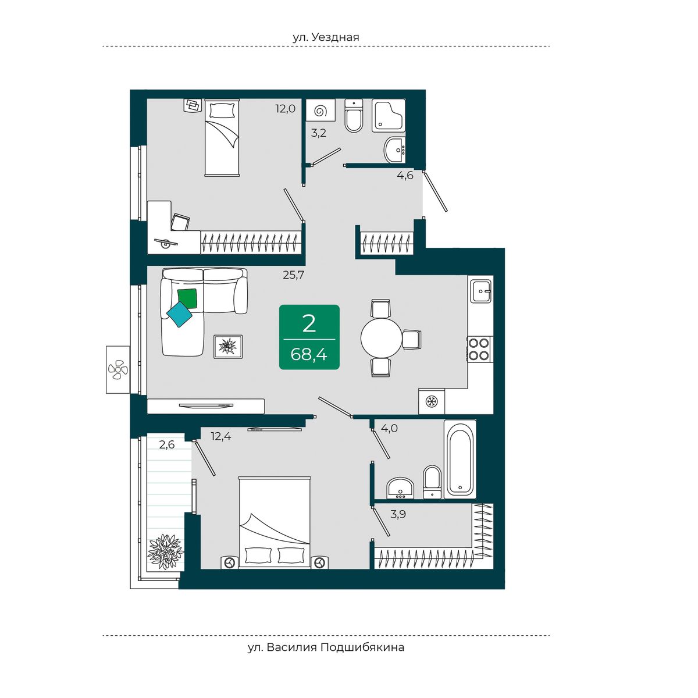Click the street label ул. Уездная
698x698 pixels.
tap(326, 37)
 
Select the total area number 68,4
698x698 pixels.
tap(309, 355)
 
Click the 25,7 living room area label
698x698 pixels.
tap(293, 275)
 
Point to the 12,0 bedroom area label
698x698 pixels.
tap(286, 108)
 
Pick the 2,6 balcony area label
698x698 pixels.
tap(167, 444)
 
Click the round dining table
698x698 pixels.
tap(381, 338)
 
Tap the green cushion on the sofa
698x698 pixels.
tap(187, 298)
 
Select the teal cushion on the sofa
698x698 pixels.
tap(179, 314)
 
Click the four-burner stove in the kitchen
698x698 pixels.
tap(479, 348)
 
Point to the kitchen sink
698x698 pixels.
tap(480, 291)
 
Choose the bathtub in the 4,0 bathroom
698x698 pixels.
tap(460, 459)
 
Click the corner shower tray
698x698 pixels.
tap(389, 115)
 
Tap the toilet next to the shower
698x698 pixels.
tap(353, 115)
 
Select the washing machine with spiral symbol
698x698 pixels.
tap(320, 110)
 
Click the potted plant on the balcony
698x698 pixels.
tap(166, 552)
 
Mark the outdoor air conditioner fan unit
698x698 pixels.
tap(118, 369)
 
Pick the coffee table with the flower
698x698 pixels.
tap(228, 347)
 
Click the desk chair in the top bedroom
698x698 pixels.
tap(180, 222)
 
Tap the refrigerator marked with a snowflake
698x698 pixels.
tap(432, 401)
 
